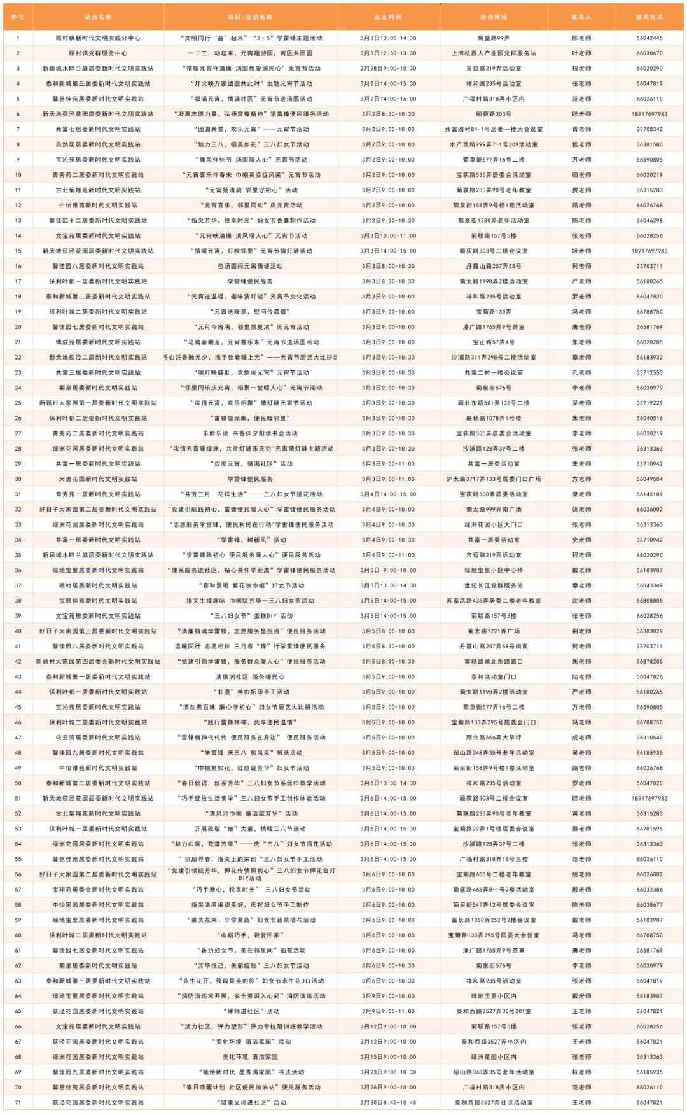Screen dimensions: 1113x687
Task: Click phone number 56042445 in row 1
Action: pos(649,38)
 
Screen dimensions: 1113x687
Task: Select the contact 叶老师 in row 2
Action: pos(581,53)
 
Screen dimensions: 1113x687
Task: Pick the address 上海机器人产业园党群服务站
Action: pos(493,53)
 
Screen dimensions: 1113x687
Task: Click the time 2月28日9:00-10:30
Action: pos(388,69)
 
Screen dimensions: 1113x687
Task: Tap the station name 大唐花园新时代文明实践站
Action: pos(98,479)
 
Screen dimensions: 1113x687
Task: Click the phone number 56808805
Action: pos(649,601)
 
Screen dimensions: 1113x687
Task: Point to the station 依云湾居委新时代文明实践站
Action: pos(98,738)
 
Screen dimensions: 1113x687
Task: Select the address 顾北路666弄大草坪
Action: pos(493,738)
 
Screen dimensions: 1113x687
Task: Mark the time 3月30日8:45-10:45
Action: pos(388,1103)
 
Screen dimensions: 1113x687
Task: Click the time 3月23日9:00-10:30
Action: pos(388,1072)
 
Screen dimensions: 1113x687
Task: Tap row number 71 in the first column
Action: pos(18,1103)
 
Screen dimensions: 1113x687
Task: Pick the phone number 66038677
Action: pos(649,905)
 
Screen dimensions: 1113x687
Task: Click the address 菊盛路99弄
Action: pos(493,38)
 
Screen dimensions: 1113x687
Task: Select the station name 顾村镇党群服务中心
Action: pos(98,53)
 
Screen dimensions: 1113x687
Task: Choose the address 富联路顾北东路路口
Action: pos(493,662)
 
